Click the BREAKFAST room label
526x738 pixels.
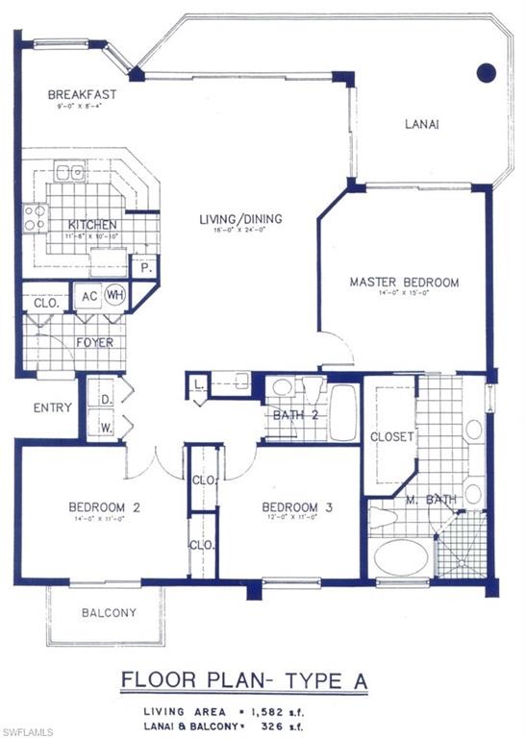(x=82, y=94)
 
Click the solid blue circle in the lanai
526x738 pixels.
(x=487, y=71)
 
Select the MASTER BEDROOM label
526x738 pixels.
(x=404, y=283)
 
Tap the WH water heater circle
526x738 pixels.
(x=115, y=294)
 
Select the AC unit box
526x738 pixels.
(x=89, y=295)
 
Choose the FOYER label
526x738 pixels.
(x=94, y=341)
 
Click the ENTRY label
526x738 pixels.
(x=53, y=407)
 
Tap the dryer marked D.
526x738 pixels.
(x=103, y=396)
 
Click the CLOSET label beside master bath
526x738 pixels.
(x=391, y=436)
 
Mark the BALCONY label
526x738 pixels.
(x=109, y=613)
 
